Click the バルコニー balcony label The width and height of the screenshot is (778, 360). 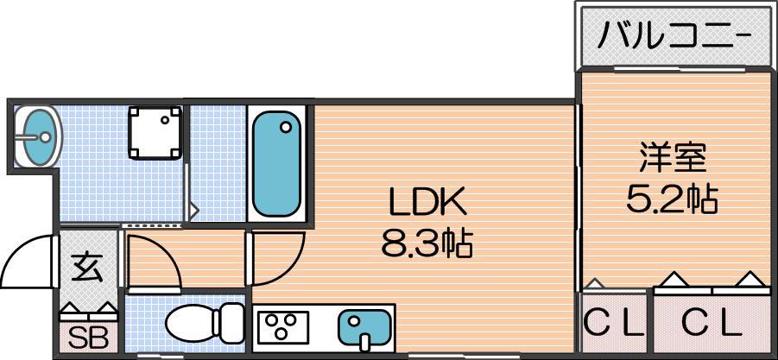point(674,35)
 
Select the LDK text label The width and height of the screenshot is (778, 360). point(428,202)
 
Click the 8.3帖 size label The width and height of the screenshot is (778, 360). point(427,243)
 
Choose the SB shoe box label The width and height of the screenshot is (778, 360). point(88,338)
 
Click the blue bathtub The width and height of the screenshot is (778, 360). point(276,164)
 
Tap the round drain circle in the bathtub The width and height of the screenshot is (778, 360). point(285,127)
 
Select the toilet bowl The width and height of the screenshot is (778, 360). point(192,323)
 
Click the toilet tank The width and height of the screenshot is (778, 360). point(231,322)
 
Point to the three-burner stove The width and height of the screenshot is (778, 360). point(283,327)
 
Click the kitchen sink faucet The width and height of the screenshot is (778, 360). point(365,341)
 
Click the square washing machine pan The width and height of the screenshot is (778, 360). point(155,133)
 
